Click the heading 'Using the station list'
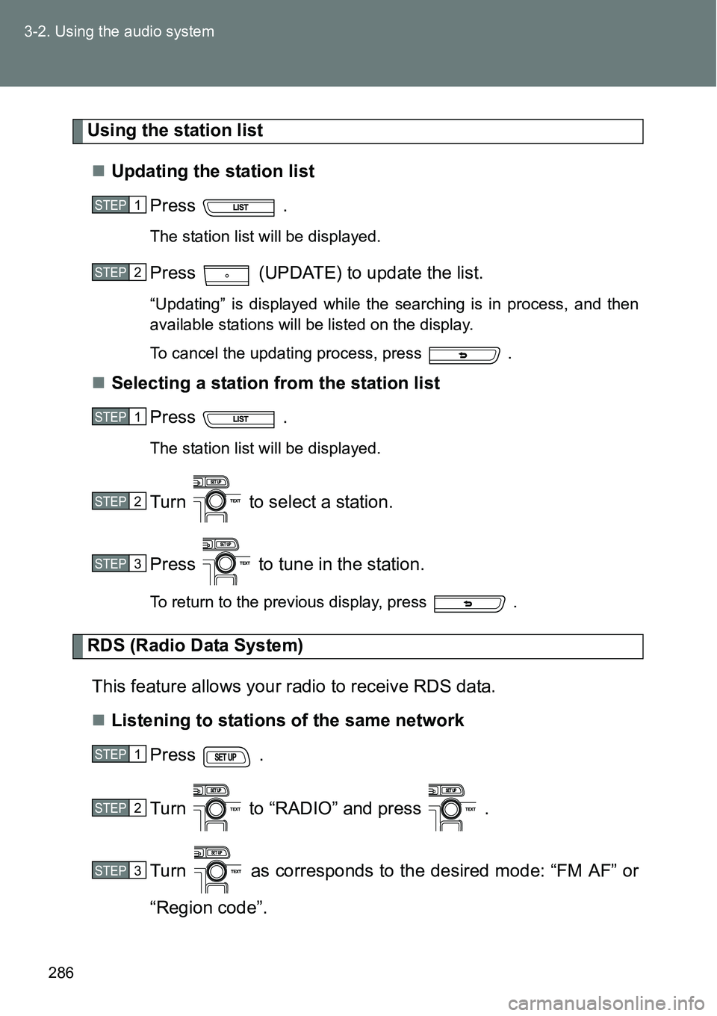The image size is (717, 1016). (x=176, y=131)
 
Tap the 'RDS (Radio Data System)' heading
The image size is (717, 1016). (x=196, y=645)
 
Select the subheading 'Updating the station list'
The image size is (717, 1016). (x=213, y=172)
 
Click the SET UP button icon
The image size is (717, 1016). (x=226, y=757)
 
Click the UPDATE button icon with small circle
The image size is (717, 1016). (x=226, y=275)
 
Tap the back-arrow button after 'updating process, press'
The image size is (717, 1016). (x=463, y=355)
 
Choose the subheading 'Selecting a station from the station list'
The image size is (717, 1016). (x=276, y=383)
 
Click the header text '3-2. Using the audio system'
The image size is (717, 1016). (x=119, y=31)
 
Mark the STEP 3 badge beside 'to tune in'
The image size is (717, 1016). (x=119, y=564)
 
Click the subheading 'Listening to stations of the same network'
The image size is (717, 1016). (x=288, y=721)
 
